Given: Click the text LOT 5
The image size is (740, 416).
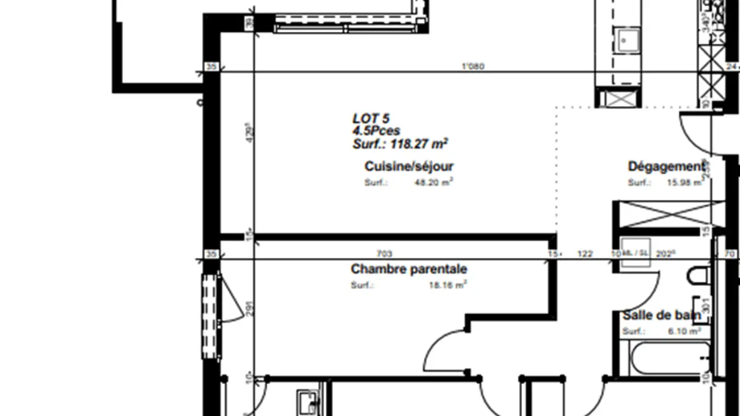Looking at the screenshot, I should pos(371,119).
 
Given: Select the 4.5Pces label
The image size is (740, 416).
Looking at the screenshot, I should pos(376,131).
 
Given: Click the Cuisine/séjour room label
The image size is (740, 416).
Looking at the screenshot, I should pos(409,166).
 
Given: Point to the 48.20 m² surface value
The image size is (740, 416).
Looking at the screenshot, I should pos(433,182).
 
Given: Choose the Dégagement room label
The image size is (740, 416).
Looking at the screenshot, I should pos(665,167).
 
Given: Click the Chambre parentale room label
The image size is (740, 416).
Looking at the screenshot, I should pos(409,269).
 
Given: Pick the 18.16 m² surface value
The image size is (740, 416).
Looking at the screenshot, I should pos(448,285).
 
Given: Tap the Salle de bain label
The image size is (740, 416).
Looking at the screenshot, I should pos(661,315).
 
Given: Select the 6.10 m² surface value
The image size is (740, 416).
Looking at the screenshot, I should pos(684,332).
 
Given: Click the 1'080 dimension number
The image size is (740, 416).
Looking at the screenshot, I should pos(473,66).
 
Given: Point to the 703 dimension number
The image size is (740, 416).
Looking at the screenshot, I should pos(384,254).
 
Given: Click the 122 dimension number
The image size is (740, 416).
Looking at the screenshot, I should pos(585,254).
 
